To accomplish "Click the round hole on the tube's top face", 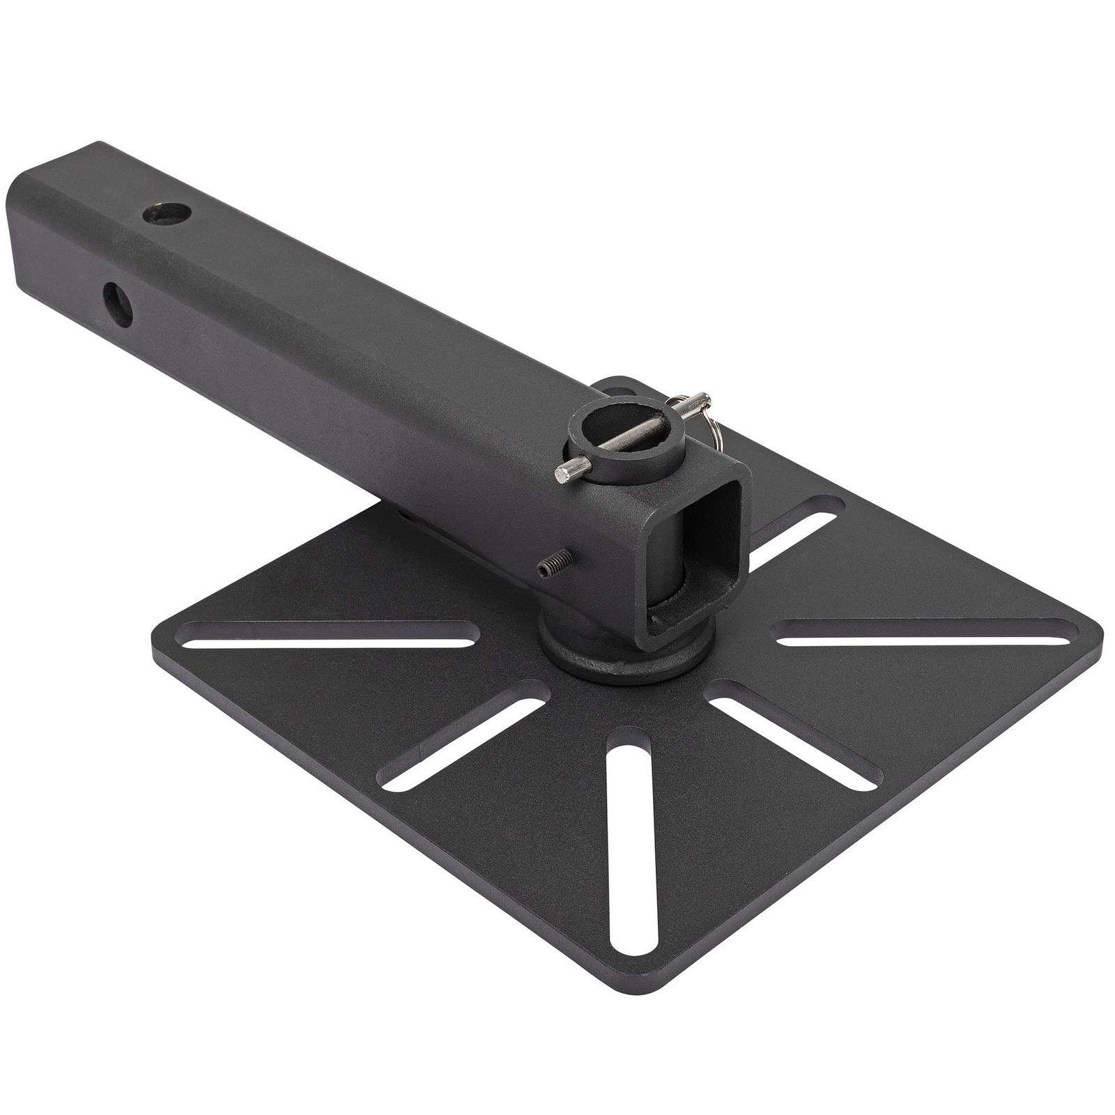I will pos(167,212).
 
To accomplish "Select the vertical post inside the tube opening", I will pos(669,564).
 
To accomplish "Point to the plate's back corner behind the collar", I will pos(613,382).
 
